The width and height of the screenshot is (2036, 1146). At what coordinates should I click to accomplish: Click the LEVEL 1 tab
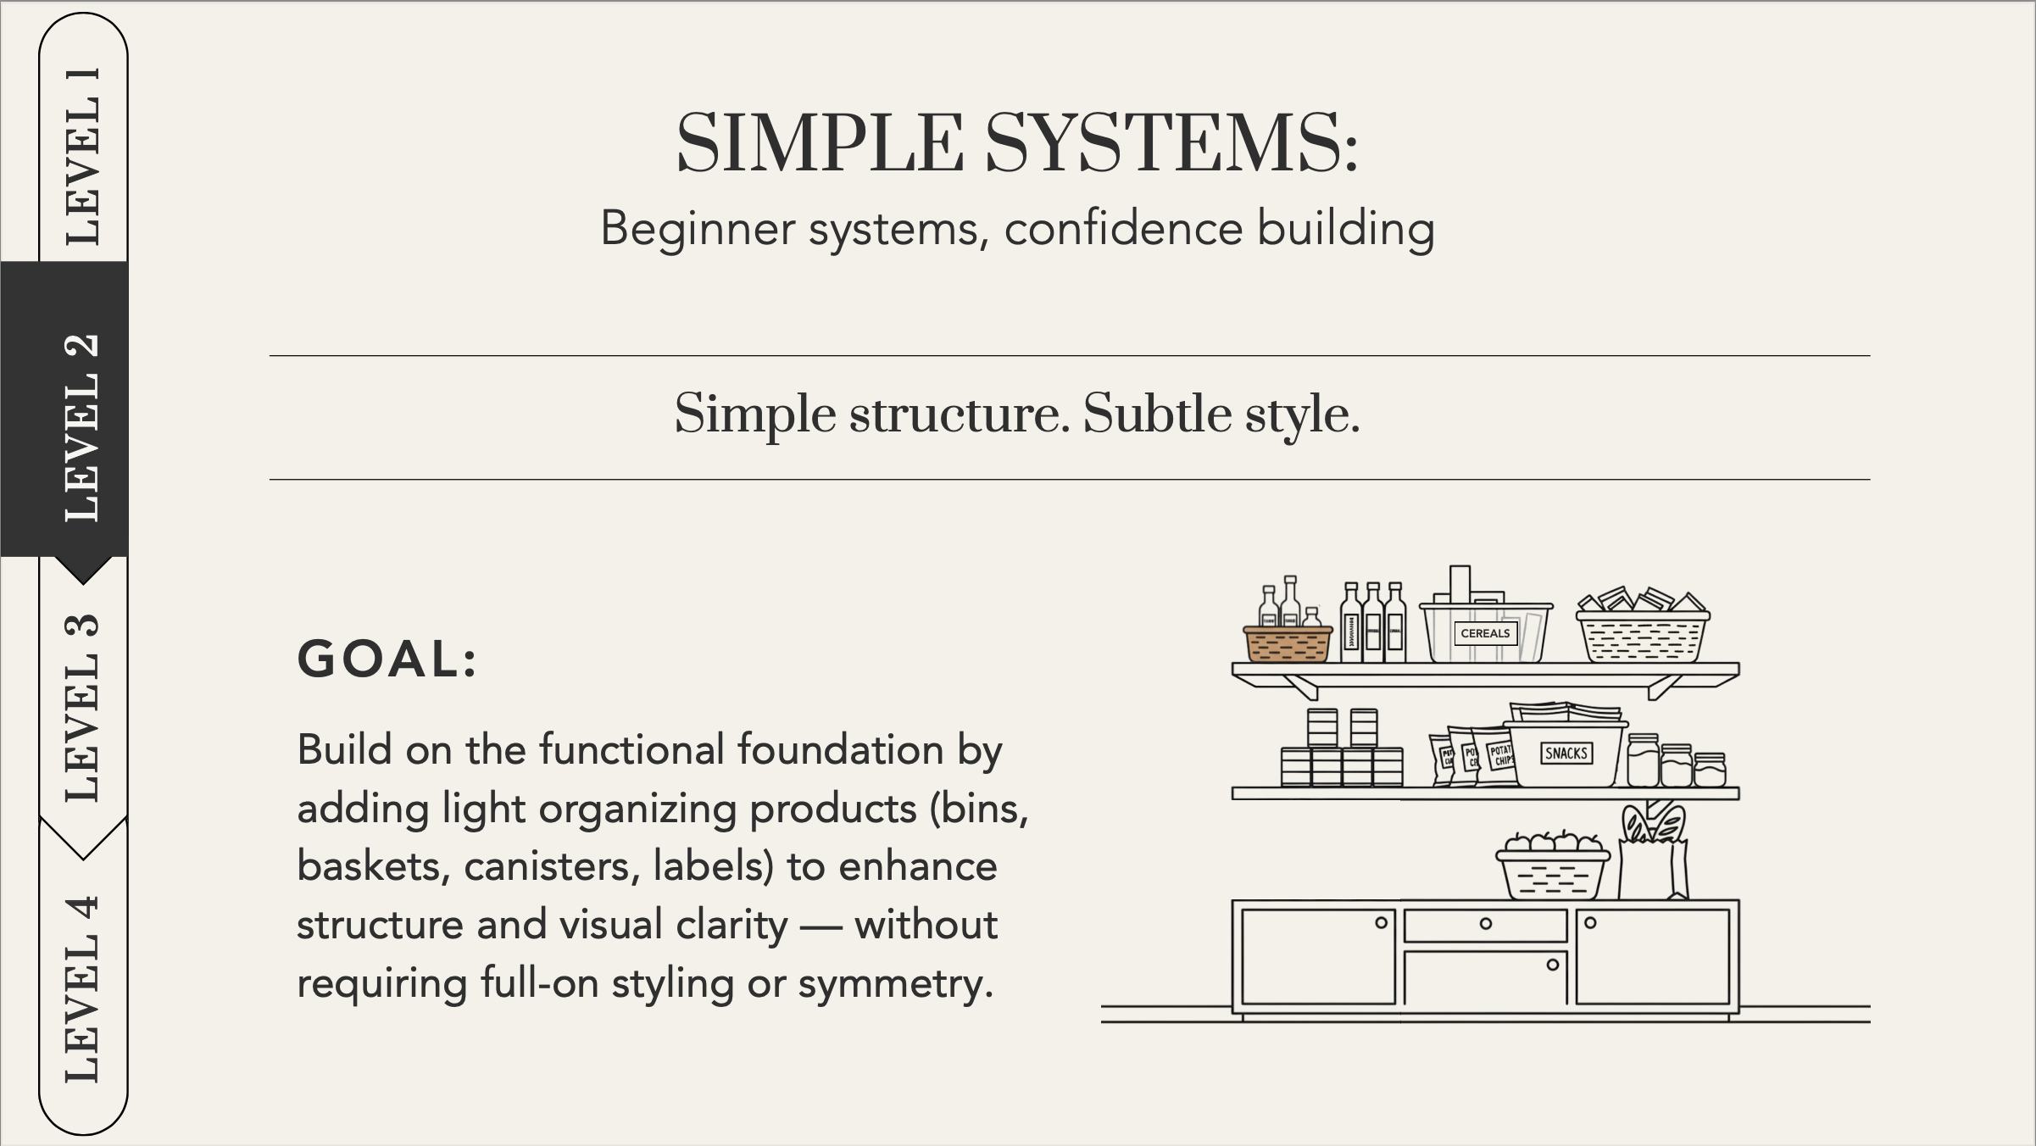83,156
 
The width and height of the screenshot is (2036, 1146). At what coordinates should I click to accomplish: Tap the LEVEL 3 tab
82,708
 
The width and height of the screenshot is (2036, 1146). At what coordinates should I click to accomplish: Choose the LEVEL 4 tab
82,987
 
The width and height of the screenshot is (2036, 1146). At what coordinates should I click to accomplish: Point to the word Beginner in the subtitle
698,229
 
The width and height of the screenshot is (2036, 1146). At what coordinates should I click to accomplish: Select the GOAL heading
387,659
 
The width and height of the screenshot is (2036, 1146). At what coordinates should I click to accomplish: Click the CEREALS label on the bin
1485,633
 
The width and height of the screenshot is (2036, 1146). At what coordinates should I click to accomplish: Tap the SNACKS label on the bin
1566,754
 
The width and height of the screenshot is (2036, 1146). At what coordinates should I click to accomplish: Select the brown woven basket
1288,644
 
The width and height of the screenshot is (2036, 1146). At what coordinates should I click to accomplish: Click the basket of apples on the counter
1553,869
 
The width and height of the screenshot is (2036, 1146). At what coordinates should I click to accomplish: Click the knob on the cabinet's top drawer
1486,924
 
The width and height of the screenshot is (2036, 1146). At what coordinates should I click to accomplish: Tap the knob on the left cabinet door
1381,923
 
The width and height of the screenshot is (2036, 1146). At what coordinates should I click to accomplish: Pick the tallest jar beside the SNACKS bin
1643,760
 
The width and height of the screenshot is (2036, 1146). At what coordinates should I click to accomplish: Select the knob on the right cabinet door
1590,923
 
